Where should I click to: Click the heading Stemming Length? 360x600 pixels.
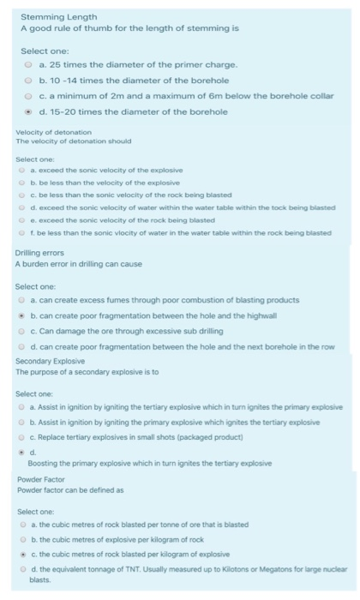(59, 16)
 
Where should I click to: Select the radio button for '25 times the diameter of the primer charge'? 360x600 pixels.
(27, 64)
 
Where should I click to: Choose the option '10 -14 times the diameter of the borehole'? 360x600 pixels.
(27, 80)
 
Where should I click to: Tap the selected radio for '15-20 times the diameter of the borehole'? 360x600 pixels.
(27, 111)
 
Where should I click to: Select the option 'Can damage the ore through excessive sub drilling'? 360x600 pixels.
(24, 330)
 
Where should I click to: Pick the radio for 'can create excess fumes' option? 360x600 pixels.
(24, 300)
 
